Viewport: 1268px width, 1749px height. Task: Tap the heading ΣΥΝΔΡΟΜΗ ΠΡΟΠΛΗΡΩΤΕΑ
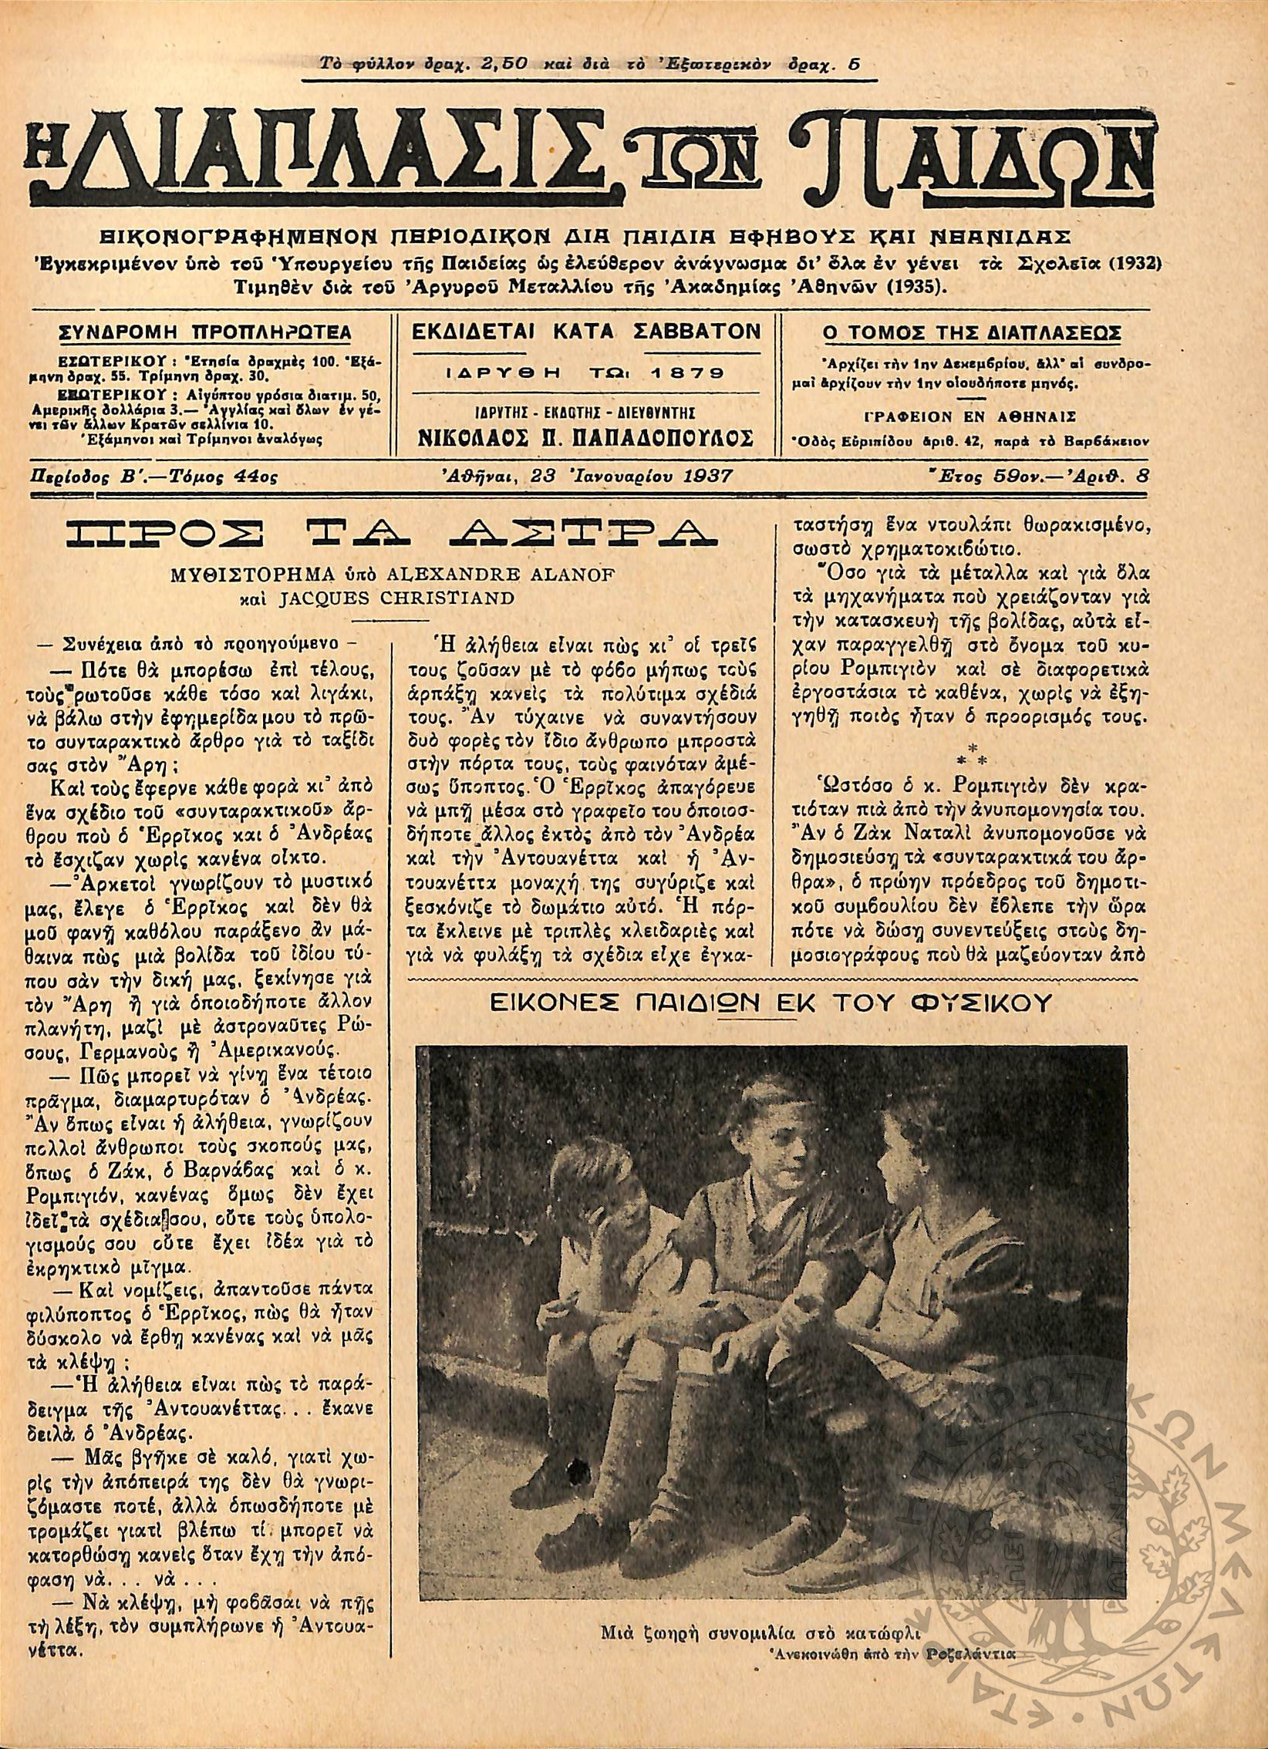click(x=205, y=332)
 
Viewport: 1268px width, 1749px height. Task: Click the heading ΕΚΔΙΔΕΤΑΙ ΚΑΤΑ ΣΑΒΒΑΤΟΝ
click(x=586, y=332)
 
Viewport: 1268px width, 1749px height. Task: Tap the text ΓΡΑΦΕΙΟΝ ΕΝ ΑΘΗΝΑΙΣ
click(x=961, y=416)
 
